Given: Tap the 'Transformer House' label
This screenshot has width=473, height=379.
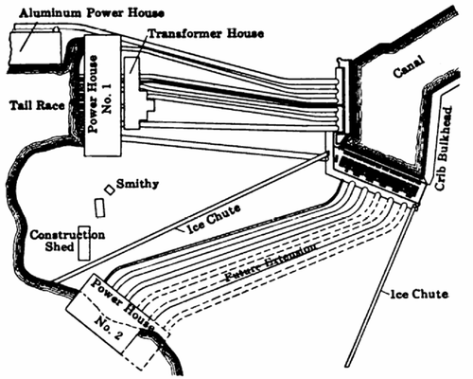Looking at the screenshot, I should coord(199,32).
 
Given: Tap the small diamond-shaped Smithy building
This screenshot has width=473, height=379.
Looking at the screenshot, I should coord(110,189).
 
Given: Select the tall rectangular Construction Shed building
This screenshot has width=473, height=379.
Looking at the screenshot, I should coord(84,243).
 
